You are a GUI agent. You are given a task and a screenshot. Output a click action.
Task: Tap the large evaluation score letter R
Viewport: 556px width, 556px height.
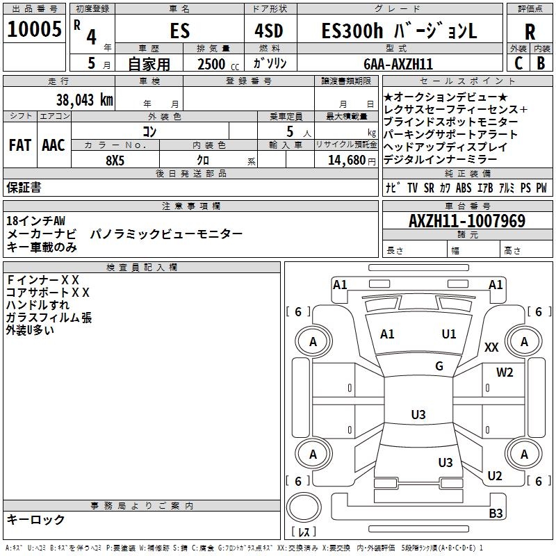click(530, 32)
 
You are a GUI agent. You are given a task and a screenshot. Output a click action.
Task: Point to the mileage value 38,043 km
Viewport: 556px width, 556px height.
click(84, 100)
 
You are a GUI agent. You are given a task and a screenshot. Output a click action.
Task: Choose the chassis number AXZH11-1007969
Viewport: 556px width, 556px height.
click(467, 222)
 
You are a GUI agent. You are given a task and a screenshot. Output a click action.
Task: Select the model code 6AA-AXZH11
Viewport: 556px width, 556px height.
click(398, 64)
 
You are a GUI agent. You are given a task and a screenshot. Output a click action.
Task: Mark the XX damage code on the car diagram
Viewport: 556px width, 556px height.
click(491, 347)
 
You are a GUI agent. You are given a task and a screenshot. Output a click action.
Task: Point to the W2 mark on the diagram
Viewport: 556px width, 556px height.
click(505, 372)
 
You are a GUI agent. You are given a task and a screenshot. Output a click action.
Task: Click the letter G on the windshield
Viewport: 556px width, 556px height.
click(439, 366)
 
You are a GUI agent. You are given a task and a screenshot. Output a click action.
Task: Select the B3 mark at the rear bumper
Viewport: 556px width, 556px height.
click(496, 514)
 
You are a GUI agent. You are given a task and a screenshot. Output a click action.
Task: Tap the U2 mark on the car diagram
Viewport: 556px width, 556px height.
click(495, 475)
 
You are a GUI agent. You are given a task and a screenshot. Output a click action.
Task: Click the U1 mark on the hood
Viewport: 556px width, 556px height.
click(449, 334)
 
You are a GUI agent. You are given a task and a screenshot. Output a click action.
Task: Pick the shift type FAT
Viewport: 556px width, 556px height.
click(20, 145)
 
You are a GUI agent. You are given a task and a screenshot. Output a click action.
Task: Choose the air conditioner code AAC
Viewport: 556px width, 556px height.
click(54, 145)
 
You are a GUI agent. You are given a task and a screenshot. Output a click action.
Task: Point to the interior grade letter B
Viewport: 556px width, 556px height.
click(541, 63)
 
